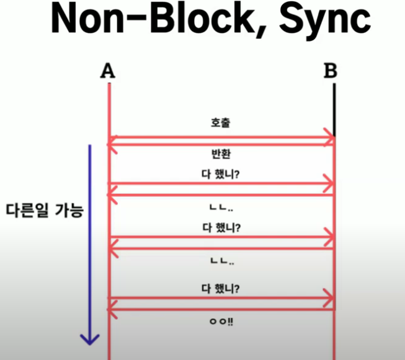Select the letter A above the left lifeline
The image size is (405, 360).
tap(108, 71)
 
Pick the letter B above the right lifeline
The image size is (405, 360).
tap(331, 71)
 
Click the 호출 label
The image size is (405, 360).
tap(221, 123)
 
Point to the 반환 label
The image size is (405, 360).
tap(221, 154)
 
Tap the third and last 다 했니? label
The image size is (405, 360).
tap(221, 288)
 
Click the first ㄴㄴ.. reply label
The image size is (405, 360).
tap(221, 206)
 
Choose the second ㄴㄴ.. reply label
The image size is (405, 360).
tap(221, 262)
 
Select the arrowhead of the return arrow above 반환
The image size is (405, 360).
tap(112, 145)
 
